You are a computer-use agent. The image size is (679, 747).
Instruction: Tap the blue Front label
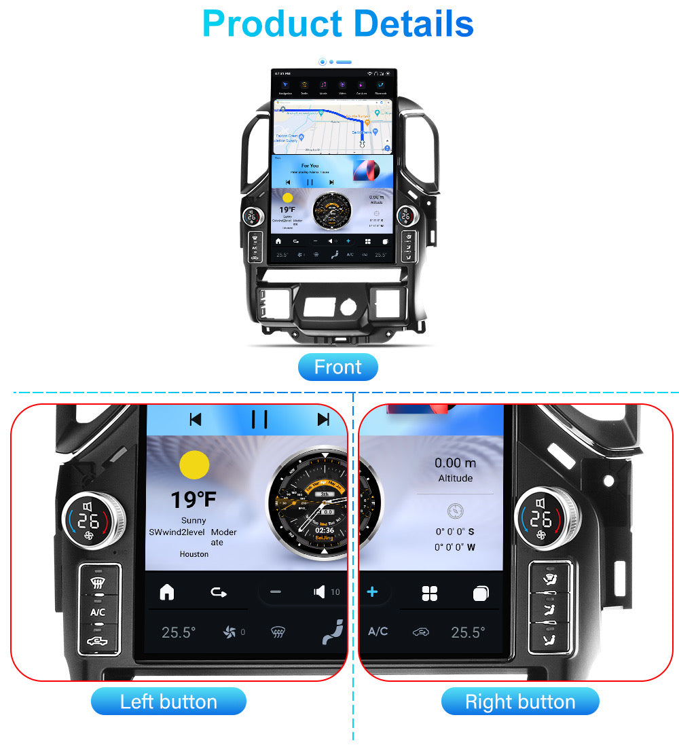[338, 367]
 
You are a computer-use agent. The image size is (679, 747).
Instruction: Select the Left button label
[168, 702]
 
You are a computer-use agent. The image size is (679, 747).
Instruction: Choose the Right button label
[520, 702]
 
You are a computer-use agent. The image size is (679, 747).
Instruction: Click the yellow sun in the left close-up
[194, 464]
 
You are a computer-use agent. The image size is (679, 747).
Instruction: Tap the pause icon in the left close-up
[259, 420]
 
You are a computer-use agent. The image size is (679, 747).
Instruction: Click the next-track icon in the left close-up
[323, 420]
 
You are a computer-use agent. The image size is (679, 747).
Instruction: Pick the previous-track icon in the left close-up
[196, 420]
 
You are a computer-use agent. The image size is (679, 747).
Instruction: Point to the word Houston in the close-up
[194, 554]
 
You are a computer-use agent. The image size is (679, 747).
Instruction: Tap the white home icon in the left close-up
[166, 592]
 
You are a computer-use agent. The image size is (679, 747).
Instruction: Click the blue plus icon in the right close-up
[372, 592]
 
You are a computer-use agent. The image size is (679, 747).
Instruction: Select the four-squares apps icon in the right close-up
[430, 594]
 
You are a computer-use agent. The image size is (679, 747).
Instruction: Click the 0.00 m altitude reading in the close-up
[456, 463]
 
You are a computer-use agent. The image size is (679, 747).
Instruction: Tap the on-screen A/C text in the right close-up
[378, 632]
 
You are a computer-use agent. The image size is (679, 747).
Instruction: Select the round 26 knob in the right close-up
[540, 520]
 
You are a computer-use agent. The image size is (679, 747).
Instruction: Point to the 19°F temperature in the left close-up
[194, 500]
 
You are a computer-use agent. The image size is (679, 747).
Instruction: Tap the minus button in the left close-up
[275, 592]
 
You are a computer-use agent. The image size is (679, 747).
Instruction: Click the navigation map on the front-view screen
[333, 126]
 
